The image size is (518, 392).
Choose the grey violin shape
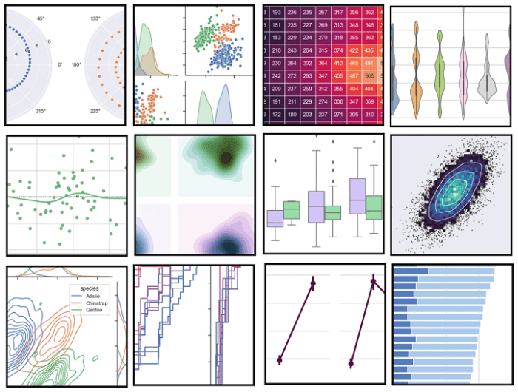click(x=485, y=85)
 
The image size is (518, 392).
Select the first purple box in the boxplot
click(x=275, y=218)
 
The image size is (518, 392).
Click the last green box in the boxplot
click(x=374, y=206)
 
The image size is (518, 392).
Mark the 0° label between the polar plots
click(x=61, y=65)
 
